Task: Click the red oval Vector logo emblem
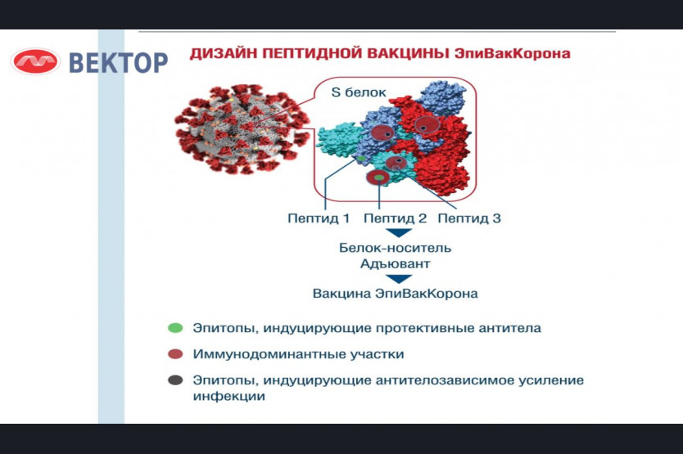coord(35,61)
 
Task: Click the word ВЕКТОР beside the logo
coord(119,62)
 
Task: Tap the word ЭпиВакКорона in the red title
coord(513,53)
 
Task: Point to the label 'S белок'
coord(359,92)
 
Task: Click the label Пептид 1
coord(319,218)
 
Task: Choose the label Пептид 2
coord(395,218)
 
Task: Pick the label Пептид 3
coord(469,218)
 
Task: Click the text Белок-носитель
coord(395,248)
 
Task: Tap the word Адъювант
coord(395,263)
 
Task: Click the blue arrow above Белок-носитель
coord(399,232)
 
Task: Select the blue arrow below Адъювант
coord(399,279)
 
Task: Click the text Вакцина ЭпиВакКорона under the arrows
coord(395,294)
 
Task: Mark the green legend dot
coord(175,328)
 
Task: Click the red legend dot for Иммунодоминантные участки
coord(175,354)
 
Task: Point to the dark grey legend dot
coord(175,380)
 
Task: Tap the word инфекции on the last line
coord(229,397)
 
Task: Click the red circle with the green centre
coord(378,178)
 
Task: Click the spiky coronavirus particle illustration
coord(242,128)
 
